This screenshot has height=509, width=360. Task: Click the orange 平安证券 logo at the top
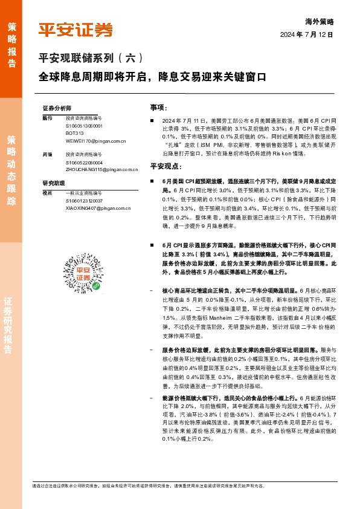(x=76, y=29)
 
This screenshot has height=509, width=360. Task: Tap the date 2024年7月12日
(x=307, y=34)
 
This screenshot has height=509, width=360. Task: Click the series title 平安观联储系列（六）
(x=91, y=59)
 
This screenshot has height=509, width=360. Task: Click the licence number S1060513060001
(x=84, y=126)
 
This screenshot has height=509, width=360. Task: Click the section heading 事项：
(x=158, y=107)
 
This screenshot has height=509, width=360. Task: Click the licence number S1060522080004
(x=84, y=163)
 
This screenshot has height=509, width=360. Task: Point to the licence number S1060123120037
(x=84, y=200)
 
